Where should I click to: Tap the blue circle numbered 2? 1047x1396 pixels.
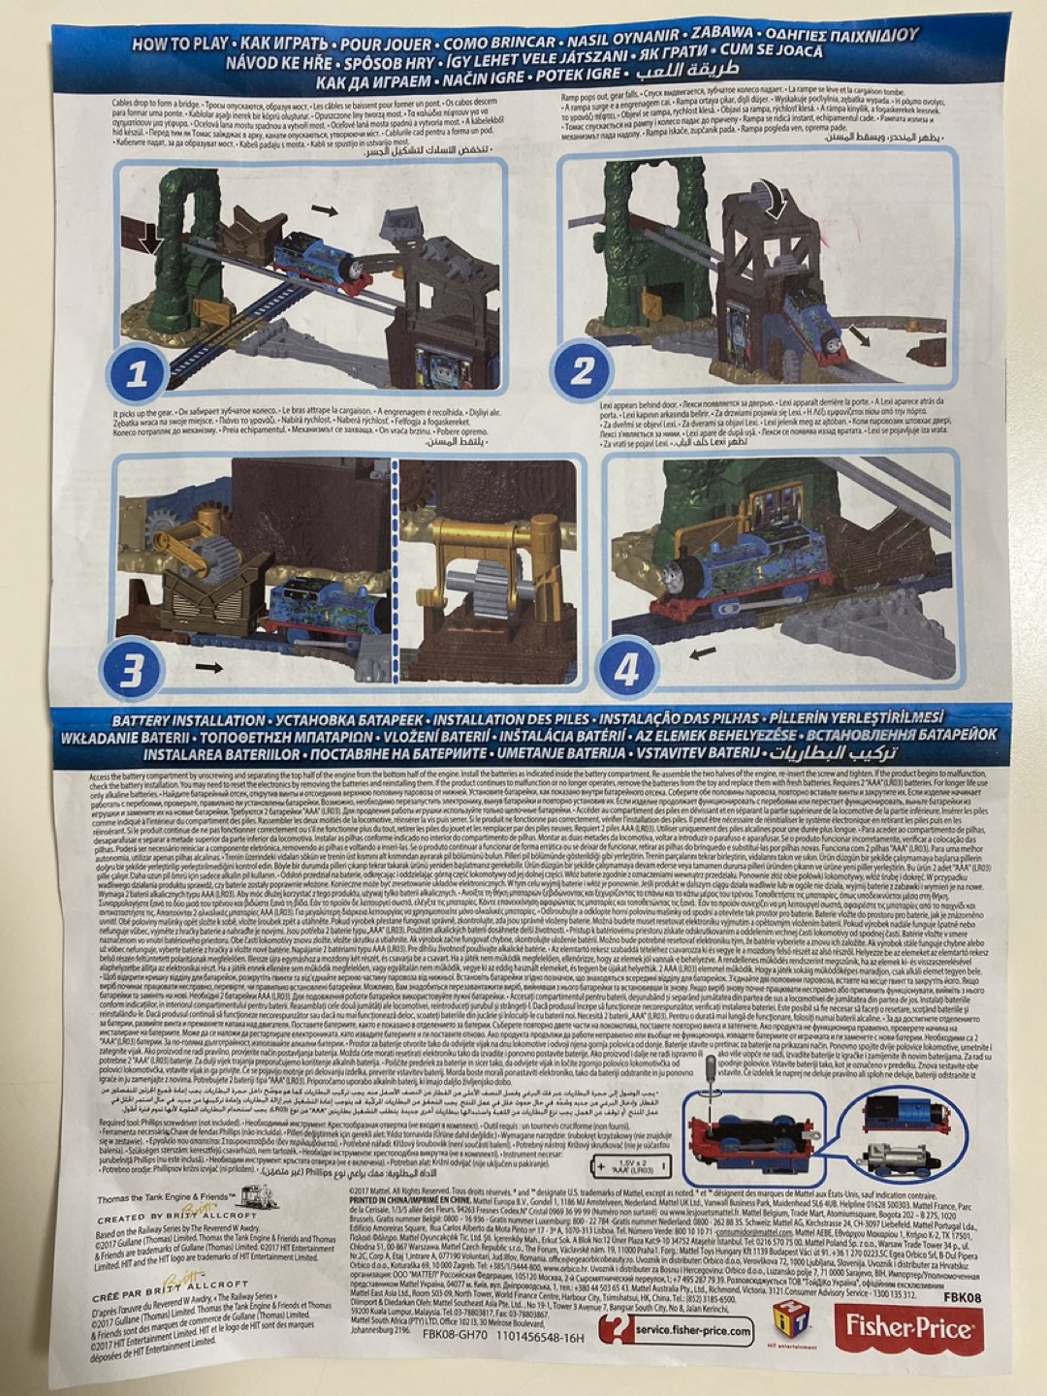tap(582, 370)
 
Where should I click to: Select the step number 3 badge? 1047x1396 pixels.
tap(132, 670)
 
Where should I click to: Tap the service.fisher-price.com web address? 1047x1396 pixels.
tap(692, 1330)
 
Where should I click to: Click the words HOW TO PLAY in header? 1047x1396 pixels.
tap(180, 44)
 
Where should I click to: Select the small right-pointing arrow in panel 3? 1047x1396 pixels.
tap(208, 667)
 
